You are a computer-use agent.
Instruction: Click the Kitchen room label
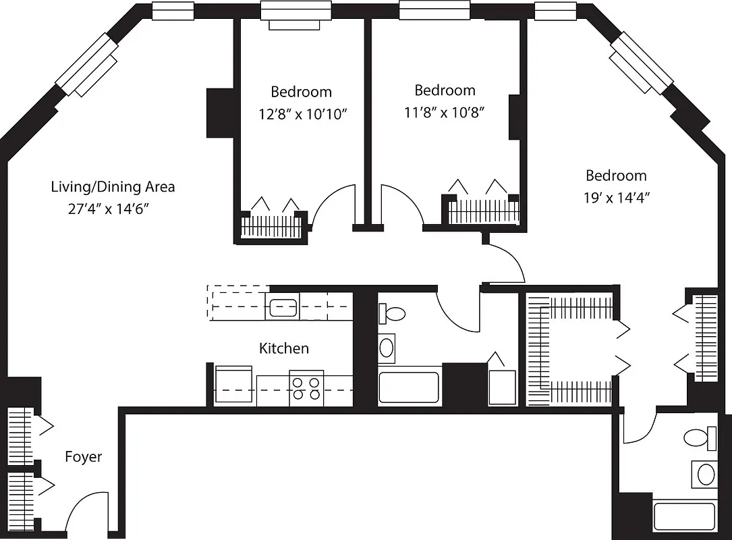tap(284, 348)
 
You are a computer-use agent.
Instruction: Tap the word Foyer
tap(83, 457)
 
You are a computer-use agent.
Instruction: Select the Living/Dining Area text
tap(113, 187)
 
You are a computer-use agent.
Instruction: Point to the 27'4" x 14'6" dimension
tap(108, 209)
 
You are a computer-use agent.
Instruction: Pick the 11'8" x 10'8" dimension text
tap(445, 112)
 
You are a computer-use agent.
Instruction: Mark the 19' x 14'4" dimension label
tap(616, 198)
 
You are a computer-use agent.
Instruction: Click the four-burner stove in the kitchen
tap(306, 388)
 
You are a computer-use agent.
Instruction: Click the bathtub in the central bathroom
tap(409, 386)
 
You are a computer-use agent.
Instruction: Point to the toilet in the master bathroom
tap(701, 438)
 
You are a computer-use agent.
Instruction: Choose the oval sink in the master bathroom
tap(705, 474)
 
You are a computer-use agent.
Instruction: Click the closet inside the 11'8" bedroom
tap(484, 210)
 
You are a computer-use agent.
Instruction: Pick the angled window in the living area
tap(88, 65)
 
